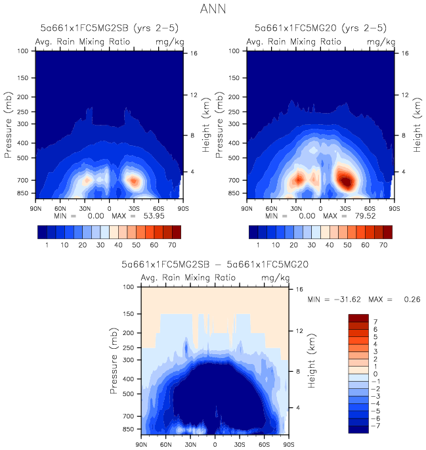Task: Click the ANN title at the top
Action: (x=213, y=10)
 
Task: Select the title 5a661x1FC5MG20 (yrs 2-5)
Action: (x=320, y=28)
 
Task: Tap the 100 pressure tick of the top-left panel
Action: (x=23, y=51)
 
